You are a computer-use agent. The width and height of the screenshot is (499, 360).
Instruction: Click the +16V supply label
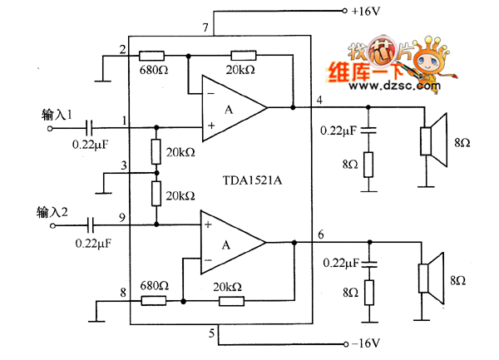367,11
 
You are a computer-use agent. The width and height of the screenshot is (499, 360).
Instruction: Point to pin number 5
212,336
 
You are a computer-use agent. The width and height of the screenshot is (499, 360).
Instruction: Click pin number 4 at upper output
320,101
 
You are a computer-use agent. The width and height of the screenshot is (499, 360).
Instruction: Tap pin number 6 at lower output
320,235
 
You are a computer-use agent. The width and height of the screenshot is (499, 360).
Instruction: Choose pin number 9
121,218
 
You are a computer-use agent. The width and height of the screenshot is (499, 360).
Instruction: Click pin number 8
122,293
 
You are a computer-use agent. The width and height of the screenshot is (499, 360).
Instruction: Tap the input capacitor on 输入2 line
91,224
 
